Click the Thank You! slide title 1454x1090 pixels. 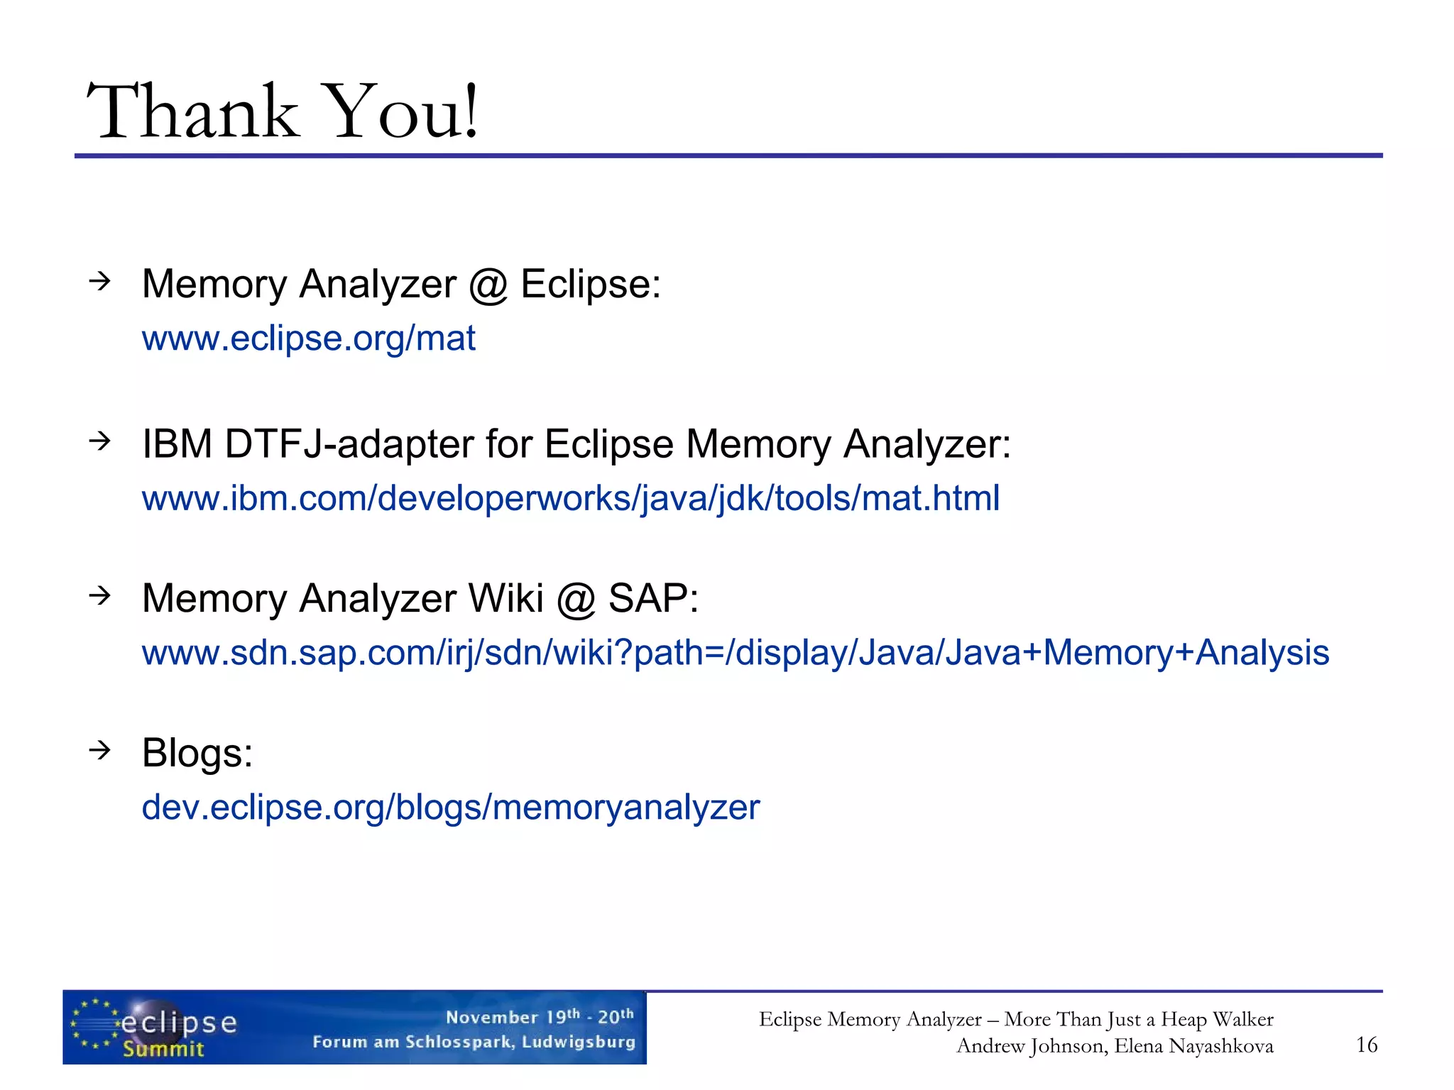[283, 111]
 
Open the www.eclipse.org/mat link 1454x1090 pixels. [308, 338]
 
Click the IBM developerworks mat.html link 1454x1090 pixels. [570, 498]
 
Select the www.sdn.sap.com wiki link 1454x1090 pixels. [735, 653]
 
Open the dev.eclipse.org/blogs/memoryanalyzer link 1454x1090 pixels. [450, 808]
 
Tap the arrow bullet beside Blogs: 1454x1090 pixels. [100, 749]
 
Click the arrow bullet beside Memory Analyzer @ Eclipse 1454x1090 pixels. [100, 281]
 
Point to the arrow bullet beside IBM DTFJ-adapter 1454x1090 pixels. [100, 441]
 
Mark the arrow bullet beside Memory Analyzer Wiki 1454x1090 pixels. [100, 595]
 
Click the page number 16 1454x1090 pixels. [1366, 1045]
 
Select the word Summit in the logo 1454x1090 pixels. [163, 1049]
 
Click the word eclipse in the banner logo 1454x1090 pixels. [179, 1023]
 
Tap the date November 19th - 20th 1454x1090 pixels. [540, 1016]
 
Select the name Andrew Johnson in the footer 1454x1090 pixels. [1031, 1046]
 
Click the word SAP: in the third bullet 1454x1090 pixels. [653, 598]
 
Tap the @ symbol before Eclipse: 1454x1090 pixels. [488, 285]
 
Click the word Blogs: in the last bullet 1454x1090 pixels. [197, 753]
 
